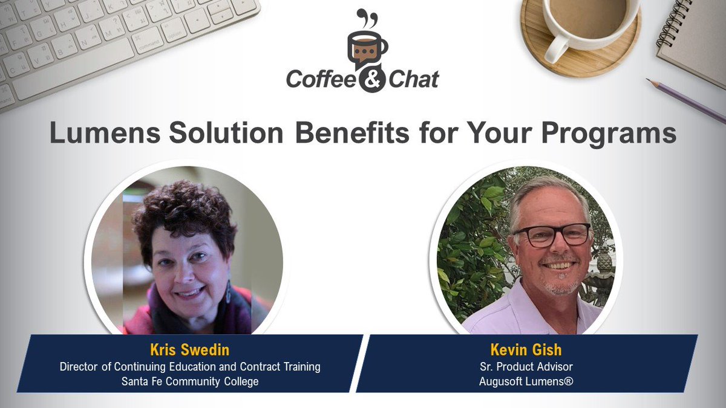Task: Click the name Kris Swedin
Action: coord(189,351)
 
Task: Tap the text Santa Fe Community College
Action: coord(189,381)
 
